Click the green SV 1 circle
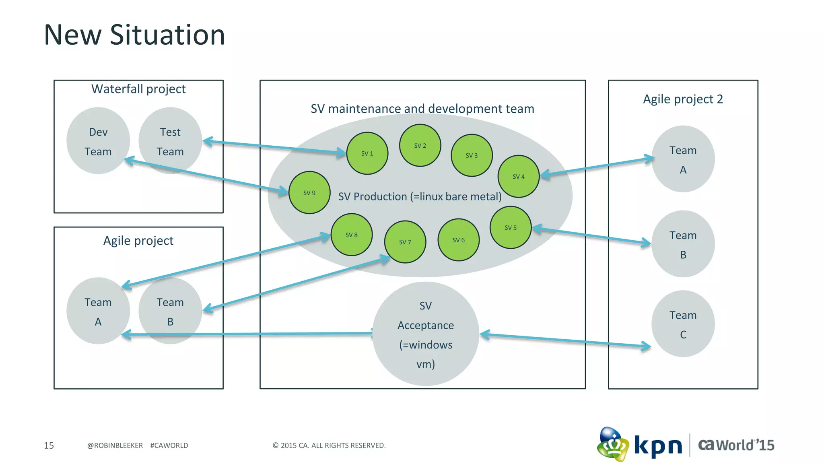tap(367, 153)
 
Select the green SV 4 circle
tap(518, 176)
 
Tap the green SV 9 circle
tap(309, 193)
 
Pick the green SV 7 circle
tap(405, 242)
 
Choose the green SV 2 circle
tap(420, 145)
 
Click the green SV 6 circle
tap(458, 240)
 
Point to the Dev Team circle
tap(98, 141)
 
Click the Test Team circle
tap(170, 141)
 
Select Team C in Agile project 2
tap(683, 324)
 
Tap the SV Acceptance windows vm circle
tap(425, 334)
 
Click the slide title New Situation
tap(134, 35)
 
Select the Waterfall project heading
tap(138, 89)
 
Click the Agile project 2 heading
tap(683, 99)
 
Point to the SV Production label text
tap(420, 196)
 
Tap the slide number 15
tap(49, 445)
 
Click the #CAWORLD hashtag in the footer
tap(169, 445)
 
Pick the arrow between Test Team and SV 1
tap(274, 147)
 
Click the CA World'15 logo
tap(736, 445)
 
